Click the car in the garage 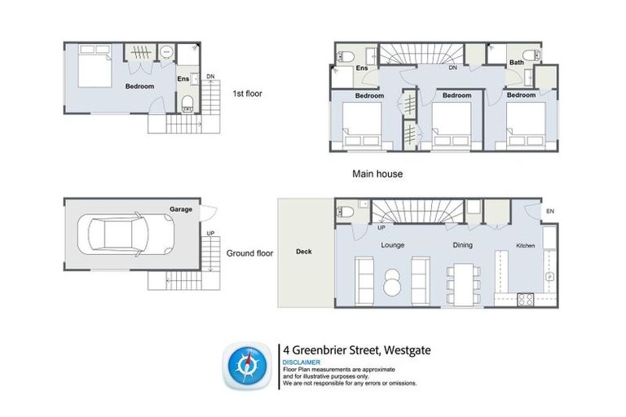click(x=127, y=238)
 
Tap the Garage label click(x=181, y=209)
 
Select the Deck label click(x=303, y=252)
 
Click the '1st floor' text click(x=247, y=93)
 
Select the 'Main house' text click(x=377, y=173)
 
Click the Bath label click(x=517, y=63)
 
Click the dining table click(x=464, y=281)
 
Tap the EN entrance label click(x=550, y=212)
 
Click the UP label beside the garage click(x=211, y=234)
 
